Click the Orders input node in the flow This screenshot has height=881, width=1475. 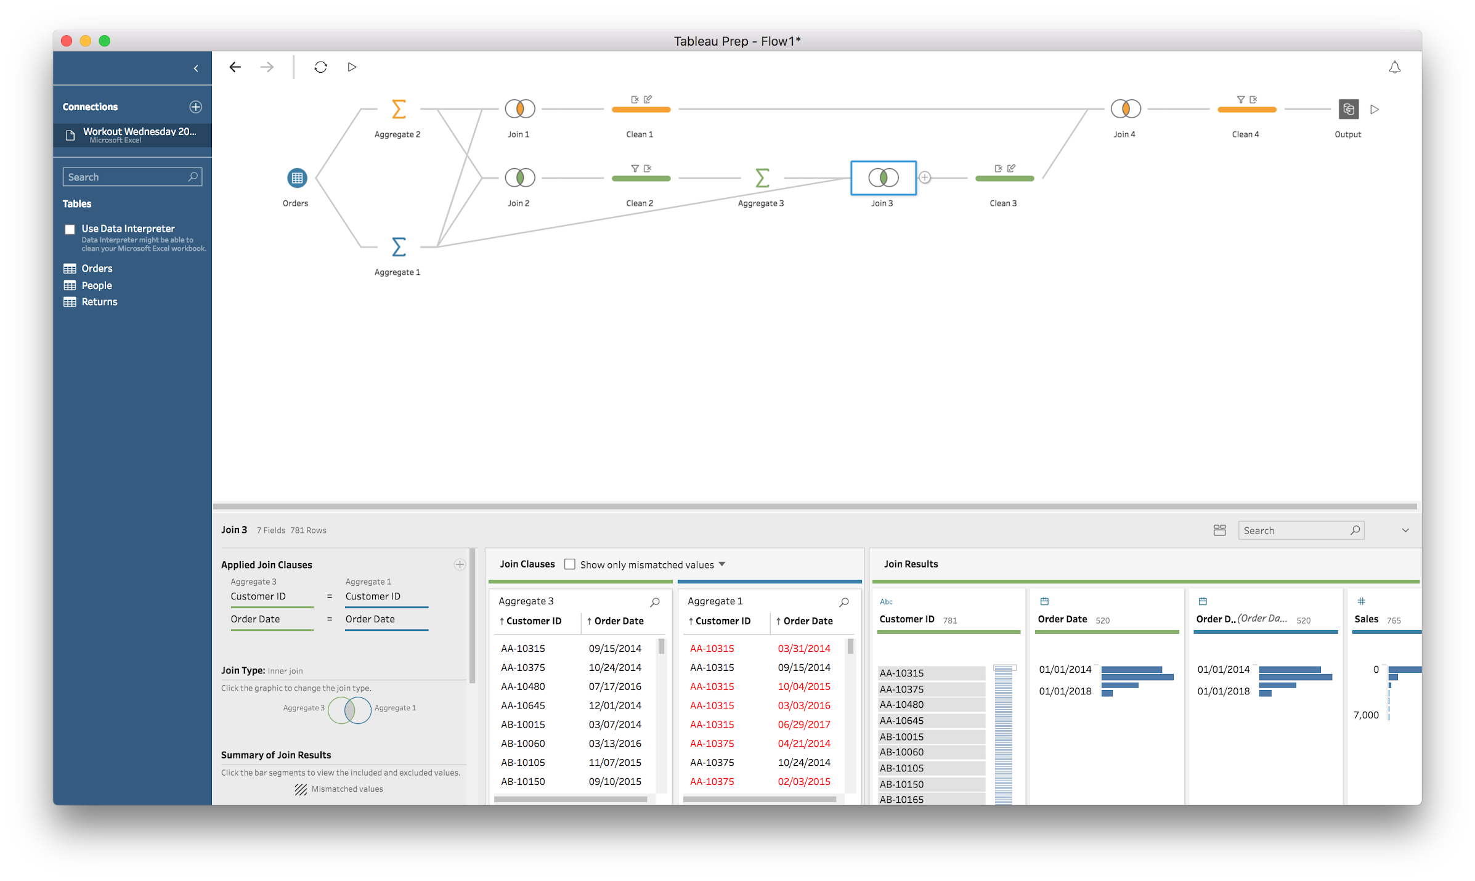click(x=297, y=178)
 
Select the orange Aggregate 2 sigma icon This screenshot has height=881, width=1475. click(x=399, y=109)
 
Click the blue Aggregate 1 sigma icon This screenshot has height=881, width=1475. click(x=399, y=247)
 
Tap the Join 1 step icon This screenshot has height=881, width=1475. click(x=519, y=109)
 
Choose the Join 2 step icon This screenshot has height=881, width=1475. click(x=519, y=178)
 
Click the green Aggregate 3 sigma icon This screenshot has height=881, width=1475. click(x=762, y=178)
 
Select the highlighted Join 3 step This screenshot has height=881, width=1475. click(x=883, y=178)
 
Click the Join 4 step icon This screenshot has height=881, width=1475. click(x=1125, y=109)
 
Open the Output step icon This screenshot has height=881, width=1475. click(x=1348, y=110)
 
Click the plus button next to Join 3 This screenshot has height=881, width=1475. click(x=925, y=178)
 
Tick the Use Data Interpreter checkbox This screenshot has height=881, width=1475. click(x=70, y=230)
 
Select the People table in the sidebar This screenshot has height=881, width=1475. click(x=97, y=285)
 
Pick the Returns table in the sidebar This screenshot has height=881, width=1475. click(x=99, y=302)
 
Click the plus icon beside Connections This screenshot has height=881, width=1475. click(x=195, y=107)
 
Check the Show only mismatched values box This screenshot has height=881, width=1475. click(x=570, y=564)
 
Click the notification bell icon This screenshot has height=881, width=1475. click(x=1394, y=68)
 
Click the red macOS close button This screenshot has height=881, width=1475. click(x=67, y=41)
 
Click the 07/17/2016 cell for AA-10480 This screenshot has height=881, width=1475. click(x=614, y=686)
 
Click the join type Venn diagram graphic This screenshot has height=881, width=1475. click(x=349, y=710)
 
